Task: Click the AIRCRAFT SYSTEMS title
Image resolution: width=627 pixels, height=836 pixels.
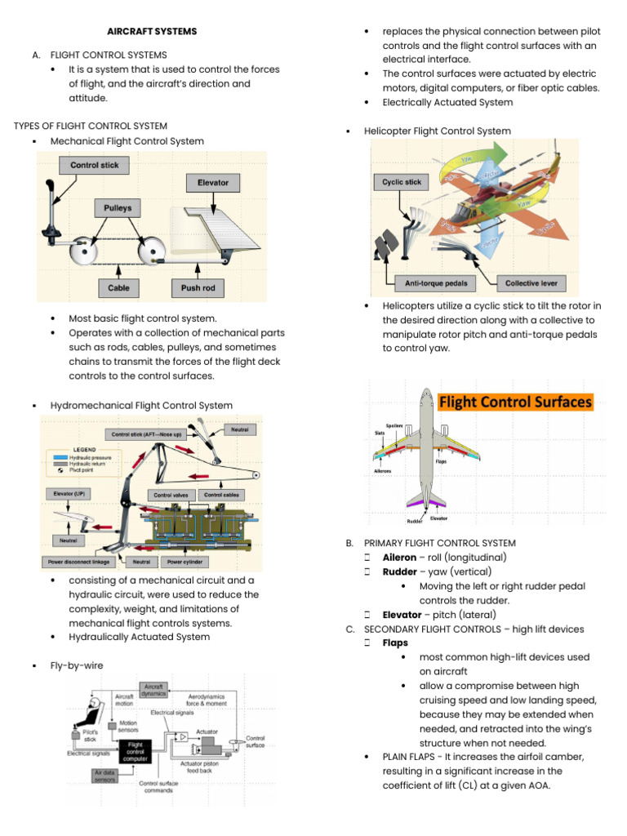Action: click(153, 31)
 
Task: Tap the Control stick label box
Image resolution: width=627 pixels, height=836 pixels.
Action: click(95, 166)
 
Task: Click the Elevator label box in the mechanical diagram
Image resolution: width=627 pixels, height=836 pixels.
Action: click(213, 182)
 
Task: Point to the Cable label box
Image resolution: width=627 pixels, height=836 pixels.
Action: click(118, 288)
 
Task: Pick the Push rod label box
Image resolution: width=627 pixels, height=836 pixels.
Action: click(198, 288)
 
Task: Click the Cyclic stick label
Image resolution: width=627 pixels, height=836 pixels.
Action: click(402, 182)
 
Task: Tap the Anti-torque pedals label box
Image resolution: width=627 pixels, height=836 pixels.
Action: click(429, 284)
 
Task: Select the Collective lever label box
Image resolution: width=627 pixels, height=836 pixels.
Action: click(532, 284)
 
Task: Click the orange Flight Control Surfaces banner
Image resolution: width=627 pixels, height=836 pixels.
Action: click(516, 402)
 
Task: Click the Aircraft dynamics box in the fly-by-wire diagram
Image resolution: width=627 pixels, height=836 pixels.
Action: click(153, 691)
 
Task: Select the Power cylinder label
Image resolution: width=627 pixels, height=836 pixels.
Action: click(187, 562)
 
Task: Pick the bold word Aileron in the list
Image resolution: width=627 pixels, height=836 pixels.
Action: click(399, 558)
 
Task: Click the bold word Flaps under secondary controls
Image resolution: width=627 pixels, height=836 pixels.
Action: click(395, 643)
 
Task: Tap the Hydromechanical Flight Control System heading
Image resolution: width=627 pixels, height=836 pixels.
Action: click(141, 406)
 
